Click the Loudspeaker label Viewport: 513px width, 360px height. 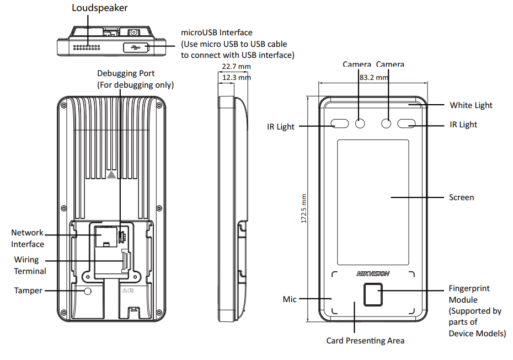99,8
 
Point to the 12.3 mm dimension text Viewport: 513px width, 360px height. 236,78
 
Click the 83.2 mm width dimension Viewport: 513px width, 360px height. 373,78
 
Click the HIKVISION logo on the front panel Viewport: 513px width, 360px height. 373,273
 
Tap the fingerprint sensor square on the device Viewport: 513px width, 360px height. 373,294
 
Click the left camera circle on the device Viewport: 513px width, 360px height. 360,123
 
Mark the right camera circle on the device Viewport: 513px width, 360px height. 387,123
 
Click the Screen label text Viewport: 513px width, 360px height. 461,197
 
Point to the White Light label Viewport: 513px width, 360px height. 471,105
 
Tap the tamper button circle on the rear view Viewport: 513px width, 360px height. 87,291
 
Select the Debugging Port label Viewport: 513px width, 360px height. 126,73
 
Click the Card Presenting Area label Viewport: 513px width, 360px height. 365,341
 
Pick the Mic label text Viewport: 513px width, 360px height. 290,299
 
